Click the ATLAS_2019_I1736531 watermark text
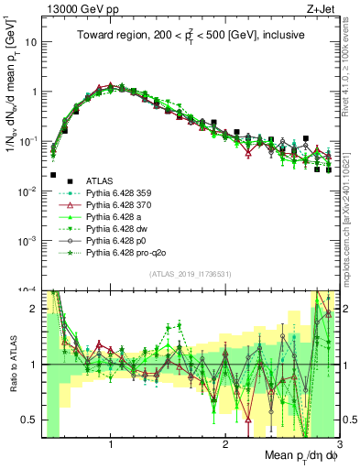[x=191, y=274]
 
